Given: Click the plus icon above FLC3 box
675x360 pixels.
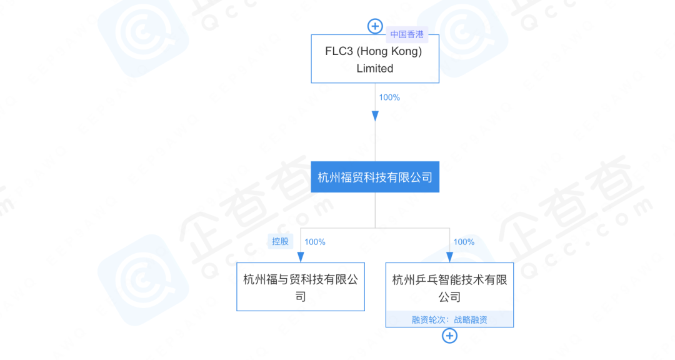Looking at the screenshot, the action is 375,26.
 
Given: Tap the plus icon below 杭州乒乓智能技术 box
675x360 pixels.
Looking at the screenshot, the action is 449,336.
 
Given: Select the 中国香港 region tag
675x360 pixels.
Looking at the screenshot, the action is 407,34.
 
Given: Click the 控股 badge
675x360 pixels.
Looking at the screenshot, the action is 280,242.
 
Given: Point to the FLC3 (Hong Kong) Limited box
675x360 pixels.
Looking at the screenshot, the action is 375,59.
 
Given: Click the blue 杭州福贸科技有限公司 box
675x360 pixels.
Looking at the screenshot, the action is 375,177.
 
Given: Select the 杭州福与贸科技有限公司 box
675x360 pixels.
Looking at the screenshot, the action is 301,287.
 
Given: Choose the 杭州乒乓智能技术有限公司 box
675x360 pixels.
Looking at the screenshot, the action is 449,295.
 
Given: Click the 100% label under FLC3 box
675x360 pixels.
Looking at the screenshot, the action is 389,97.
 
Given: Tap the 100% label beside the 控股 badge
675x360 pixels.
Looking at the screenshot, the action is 314,242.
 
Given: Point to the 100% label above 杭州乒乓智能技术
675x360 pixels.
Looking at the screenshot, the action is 464,242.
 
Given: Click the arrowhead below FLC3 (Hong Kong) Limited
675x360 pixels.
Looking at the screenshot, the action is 375,116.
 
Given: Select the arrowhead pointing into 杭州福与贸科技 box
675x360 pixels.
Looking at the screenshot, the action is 301,257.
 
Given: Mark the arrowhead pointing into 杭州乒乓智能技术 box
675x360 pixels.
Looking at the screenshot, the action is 449,257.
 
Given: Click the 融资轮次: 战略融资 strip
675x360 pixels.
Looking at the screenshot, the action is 449,319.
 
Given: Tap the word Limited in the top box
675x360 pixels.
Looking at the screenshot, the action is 375,69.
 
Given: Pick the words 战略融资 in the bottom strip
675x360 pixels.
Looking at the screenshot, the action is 471,320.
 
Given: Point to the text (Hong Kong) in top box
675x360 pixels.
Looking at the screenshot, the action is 389,52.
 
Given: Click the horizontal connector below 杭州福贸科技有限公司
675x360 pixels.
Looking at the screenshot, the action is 375,228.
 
